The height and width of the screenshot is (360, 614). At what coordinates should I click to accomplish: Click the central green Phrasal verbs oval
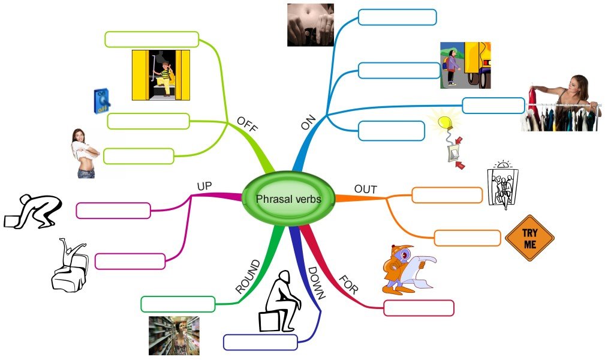pyautogui.click(x=288, y=199)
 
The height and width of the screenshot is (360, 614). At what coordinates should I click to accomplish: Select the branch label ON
pyautogui.click(x=308, y=123)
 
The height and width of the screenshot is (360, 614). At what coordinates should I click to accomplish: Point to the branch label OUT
pyautogui.click(x=366, y=190)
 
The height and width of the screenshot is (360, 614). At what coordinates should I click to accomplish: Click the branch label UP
pyautogui.click(x=205, y=186)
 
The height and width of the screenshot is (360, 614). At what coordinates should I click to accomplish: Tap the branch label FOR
pyautogui.click(x=348, y=284)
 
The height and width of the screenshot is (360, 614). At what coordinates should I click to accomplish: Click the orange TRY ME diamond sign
pyautogui.click(x=529, y=238)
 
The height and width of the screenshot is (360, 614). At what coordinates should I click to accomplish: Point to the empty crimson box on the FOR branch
pyautogui.click(x=419, y=308)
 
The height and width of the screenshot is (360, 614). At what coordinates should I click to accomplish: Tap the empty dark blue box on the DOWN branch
pyautogui.click(x=260, y=342)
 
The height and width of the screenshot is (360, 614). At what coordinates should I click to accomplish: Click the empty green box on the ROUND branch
pyautogui.click(x=177, y=304)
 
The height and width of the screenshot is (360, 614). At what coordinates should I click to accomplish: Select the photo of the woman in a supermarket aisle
pyautogui.click(x=174, y=335)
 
